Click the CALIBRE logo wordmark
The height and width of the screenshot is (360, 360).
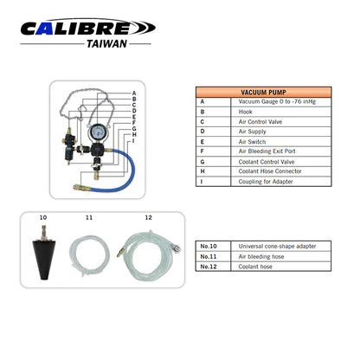(x=88, y=28)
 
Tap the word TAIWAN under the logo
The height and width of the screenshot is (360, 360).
(x=106, y=44)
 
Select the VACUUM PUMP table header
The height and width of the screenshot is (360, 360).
(x=263, y=93)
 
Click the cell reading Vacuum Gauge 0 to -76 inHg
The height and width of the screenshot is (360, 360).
(x=277, y=101)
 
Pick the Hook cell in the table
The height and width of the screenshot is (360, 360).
(x=245, y=112)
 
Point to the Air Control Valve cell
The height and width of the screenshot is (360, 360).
(x=260, y=122)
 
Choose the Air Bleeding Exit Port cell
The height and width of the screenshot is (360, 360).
(x=267, y=151)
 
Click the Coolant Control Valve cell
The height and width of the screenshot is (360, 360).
(x=267, y=162)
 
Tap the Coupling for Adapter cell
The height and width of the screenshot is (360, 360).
(x=266, y=182)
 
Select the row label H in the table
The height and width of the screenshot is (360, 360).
(x=202, y=171)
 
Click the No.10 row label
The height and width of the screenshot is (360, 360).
(x=209, y=247)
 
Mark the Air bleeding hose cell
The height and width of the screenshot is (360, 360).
(x=261, y=256)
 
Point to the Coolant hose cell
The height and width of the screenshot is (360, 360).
(x=255, y=267)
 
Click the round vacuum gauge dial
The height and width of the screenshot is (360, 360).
(x=98, y=132)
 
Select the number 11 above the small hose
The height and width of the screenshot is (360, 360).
(x=89, y=217)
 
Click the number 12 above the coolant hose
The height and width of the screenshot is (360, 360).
(x=148, y=217)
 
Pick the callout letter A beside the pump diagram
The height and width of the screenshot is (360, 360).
(x=134, y=93)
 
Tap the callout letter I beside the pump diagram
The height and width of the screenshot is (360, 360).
(x=133, y=140)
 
